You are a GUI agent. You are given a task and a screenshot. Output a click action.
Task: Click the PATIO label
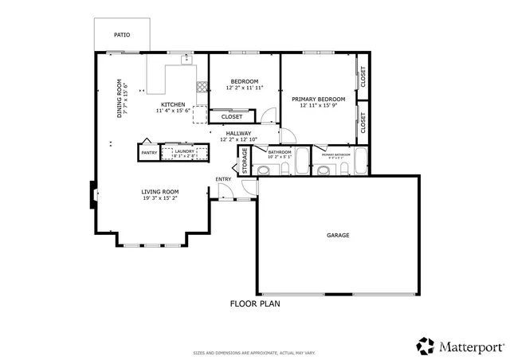(x=122, y=35)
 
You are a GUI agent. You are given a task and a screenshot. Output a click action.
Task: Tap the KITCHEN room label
(x=173, y=104)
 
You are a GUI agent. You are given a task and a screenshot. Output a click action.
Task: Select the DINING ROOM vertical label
(x=120, y=98)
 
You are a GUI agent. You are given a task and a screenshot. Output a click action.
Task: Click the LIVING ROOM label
(x=159, y=191)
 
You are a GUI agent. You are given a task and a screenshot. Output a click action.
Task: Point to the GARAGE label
(x=338, y=235)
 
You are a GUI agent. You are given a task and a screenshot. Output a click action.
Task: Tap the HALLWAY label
(x=238, y=133)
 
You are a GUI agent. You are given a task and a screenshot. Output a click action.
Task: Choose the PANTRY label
(x=149, y=152)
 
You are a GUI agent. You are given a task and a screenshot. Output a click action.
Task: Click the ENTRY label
(x=223, y=179)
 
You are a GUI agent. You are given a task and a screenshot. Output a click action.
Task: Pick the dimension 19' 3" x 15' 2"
(x=160, y=198)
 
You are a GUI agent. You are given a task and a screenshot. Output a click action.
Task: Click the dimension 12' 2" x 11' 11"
(x=245, y=88)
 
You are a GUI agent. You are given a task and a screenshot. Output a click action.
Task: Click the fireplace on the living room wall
(x=93, y=193)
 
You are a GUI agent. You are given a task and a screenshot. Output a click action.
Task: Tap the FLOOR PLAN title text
(x=254, y=303)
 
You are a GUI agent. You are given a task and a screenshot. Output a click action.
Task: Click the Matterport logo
(x=460, y=346)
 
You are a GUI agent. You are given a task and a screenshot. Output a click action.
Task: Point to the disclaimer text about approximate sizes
(x=254, y=353)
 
